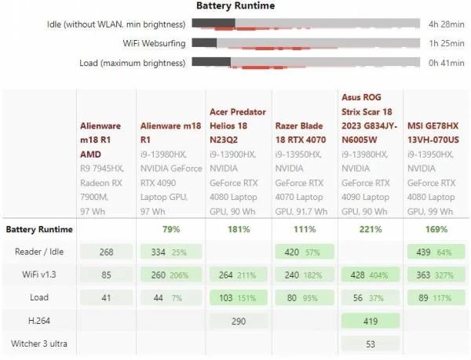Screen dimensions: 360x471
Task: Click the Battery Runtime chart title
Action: [235, 6]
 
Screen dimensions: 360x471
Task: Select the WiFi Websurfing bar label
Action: [154, 43]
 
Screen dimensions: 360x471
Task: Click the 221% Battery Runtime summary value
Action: [369, 230]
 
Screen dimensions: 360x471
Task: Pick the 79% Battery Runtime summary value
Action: [170, 230]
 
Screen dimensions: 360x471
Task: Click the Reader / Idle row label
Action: [38, 252]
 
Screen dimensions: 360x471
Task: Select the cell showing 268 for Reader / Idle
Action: [107, 253]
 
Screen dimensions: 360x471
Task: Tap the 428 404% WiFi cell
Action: [369, 275]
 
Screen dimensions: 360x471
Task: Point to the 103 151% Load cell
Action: [237, 298]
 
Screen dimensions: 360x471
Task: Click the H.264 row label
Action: [38, 321]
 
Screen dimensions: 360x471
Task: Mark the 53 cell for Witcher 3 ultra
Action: [369, 344]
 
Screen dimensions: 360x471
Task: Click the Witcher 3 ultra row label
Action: [38, 344]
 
